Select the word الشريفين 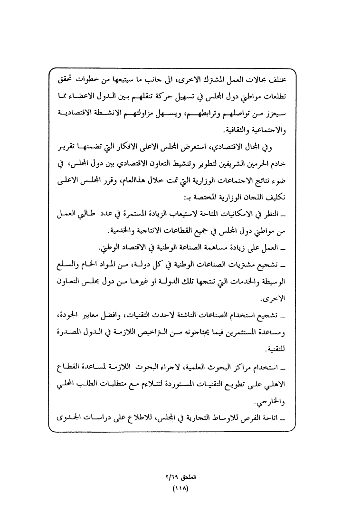[x=253, y=164]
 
